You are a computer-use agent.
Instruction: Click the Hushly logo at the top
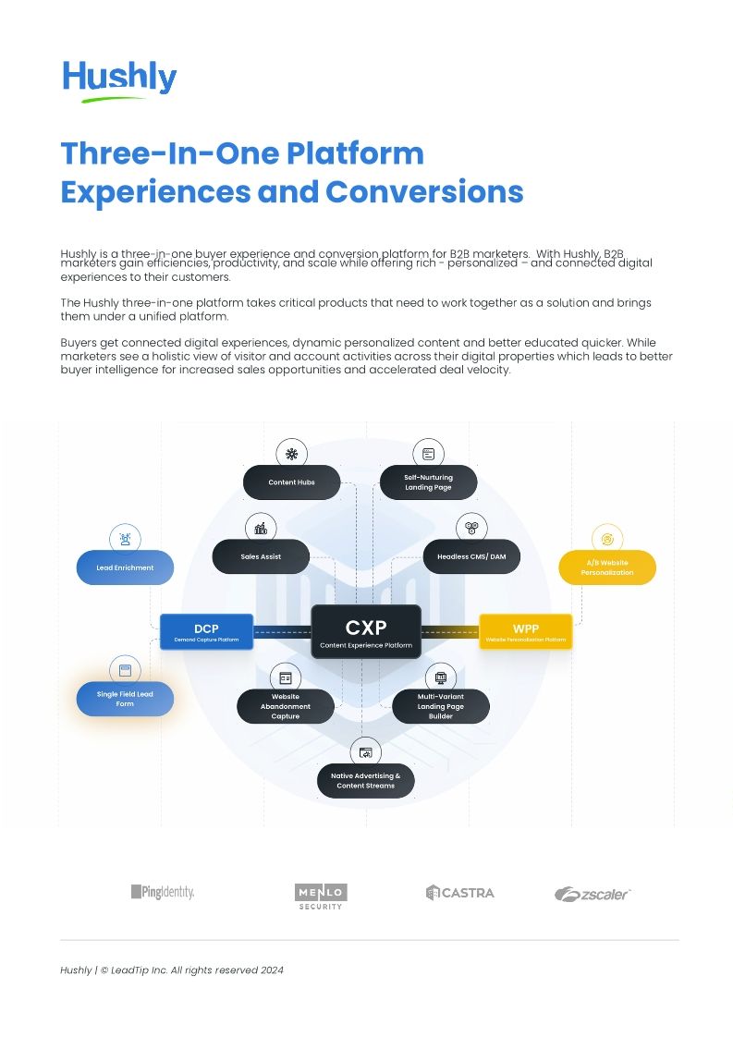[x=119, y=79]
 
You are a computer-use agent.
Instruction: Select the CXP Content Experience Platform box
[x=366, y=632]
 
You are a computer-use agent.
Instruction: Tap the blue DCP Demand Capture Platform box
[x=206, y=632]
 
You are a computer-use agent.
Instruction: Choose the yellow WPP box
[x=525, y=632]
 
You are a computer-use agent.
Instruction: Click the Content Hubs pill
[x=291, y=482]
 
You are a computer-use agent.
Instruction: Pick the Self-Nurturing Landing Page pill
[x=428, y=482]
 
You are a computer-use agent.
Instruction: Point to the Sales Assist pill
[x=261, y=556]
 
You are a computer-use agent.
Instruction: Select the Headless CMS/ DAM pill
[x=471, y=556]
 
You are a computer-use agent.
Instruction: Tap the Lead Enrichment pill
[x=125, y=567]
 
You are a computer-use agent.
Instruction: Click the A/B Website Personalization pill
[x=607, y=567]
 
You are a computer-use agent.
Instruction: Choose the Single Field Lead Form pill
[x=125, y=699]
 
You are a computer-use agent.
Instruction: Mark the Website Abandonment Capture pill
[x=285, y=706]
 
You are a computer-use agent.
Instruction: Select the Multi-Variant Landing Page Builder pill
[x=441, y=706]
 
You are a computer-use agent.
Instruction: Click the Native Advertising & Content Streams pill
[x=366, y=781]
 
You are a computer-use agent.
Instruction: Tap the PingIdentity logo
[x=162, y=892]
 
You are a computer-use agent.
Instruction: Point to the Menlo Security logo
[x=321, y=896]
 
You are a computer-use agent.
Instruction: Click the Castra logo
[x=459, y=893]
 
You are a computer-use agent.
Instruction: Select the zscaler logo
[x=593, y=894]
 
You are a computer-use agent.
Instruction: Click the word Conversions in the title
[x=424, y=192]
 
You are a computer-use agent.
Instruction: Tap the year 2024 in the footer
[x=272, y=970]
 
